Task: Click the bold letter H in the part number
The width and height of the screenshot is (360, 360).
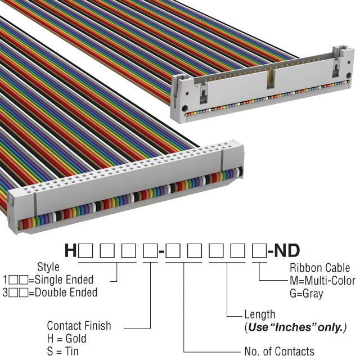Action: tap(71, 250)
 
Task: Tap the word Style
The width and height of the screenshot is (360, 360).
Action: tap(48, 267)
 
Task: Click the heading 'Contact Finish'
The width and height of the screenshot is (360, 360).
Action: tap(79, 326)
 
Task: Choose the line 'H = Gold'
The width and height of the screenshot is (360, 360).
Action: tap(66, 339)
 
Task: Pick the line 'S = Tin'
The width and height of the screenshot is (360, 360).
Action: tap(64, 352)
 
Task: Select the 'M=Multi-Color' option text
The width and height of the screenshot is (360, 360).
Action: tap(322, 280)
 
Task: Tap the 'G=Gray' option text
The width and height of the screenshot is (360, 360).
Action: tap(307, 293)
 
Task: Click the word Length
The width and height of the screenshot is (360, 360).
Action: tap(259, 315)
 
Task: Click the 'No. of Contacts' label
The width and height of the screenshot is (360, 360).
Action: tap(280, 352)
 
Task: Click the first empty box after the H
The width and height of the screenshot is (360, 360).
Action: tap(85, 250)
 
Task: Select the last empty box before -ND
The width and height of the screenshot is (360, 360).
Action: tap(259, 250)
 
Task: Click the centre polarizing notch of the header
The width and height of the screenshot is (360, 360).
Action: tap(271, 76)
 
